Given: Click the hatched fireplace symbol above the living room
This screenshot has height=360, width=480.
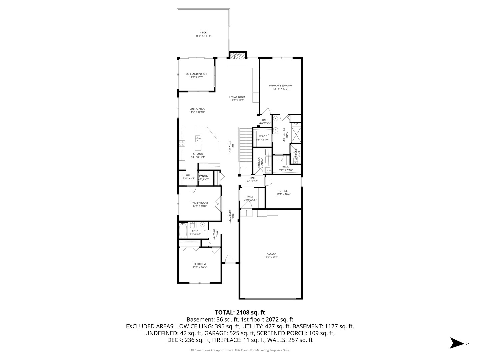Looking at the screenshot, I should coord(237,56).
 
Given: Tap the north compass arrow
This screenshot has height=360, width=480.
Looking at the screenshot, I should coord(456,343).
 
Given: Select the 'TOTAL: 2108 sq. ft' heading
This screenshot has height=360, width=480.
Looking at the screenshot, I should coord(240,312).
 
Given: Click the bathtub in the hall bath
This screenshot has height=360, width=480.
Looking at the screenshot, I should coord(183,230).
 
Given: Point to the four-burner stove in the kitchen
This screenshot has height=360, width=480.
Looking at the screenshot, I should coord(182,143).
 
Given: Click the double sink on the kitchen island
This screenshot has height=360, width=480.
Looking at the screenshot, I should coord(198,138).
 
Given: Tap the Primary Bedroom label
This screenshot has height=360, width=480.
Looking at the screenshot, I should coord(280,86).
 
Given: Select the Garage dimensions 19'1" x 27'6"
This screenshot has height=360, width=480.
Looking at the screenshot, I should coord(271,257).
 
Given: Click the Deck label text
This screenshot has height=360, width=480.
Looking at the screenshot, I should coord(203,33).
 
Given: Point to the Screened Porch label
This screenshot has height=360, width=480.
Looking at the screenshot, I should coord(196,74).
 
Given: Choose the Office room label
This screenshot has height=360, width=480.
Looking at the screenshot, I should coord(283,191).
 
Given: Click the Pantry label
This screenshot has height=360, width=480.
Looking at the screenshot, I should coord(203,176).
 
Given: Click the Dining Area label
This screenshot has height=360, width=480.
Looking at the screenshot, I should coord(197,109).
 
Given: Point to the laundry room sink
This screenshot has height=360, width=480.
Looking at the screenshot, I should coord(268,170).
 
